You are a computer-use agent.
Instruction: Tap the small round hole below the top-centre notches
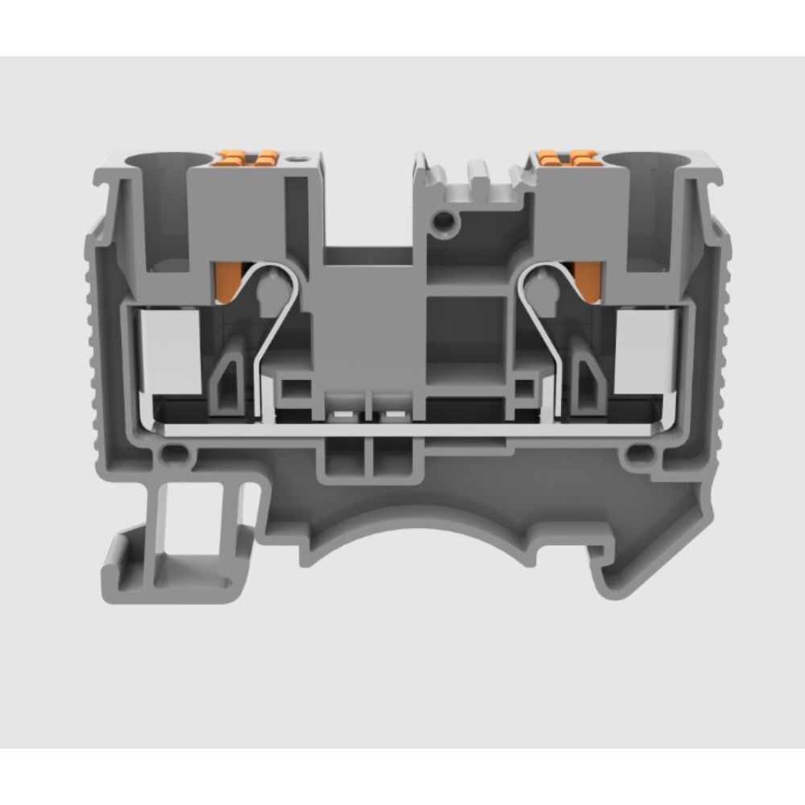tap(441, 219)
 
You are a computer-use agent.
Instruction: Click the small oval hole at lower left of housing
tap(170, 455)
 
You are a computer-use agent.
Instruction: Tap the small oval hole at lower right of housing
tap(637, 455)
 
